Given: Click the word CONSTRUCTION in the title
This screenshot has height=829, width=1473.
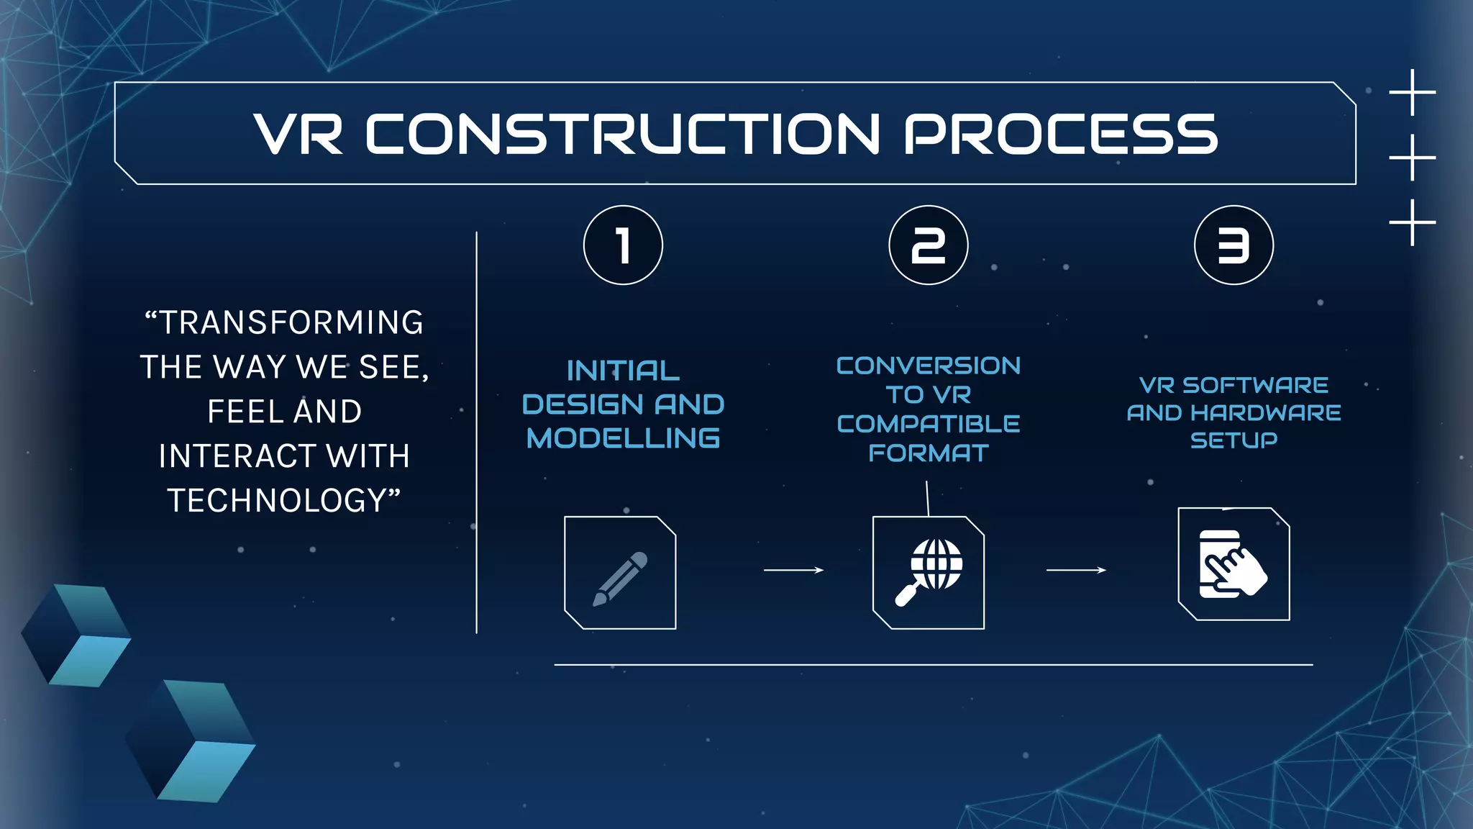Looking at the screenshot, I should [x=623, y=134].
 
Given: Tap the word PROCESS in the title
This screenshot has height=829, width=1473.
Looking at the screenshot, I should [x=1060, y=134].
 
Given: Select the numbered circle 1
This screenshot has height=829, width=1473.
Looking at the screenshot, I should [x=623, y=245].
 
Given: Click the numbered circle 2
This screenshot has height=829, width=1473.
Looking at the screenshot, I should [x=929, y=245].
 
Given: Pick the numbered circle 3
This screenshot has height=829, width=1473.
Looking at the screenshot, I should [x=1233, y=245].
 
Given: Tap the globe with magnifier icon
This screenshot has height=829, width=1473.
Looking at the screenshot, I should [x=929, y=573].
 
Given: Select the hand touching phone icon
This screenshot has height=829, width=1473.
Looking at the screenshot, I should [x=1233, y=564].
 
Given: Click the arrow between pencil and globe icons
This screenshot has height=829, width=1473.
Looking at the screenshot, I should [x=793, y=570].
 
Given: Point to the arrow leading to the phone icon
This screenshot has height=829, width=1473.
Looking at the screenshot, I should [x=1076, y=570].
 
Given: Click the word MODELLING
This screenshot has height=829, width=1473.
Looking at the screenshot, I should [x=623, y=438].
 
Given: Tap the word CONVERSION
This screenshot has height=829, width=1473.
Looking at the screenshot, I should [x=929, y=366].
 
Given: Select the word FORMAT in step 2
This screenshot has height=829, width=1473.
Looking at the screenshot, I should [x=929, y=453].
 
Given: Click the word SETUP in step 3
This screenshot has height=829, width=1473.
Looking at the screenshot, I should [x=1233, y=440].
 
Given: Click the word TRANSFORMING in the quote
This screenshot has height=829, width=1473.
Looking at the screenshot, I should [x=291, y=322].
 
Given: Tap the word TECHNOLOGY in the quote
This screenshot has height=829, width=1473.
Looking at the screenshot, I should [x=278, y=501].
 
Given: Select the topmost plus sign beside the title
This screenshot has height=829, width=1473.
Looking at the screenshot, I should [x=1413, y=92].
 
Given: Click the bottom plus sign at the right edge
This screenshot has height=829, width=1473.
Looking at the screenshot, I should [x=1413, y=222].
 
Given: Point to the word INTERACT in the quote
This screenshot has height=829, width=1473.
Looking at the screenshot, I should [x=237, y=456].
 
